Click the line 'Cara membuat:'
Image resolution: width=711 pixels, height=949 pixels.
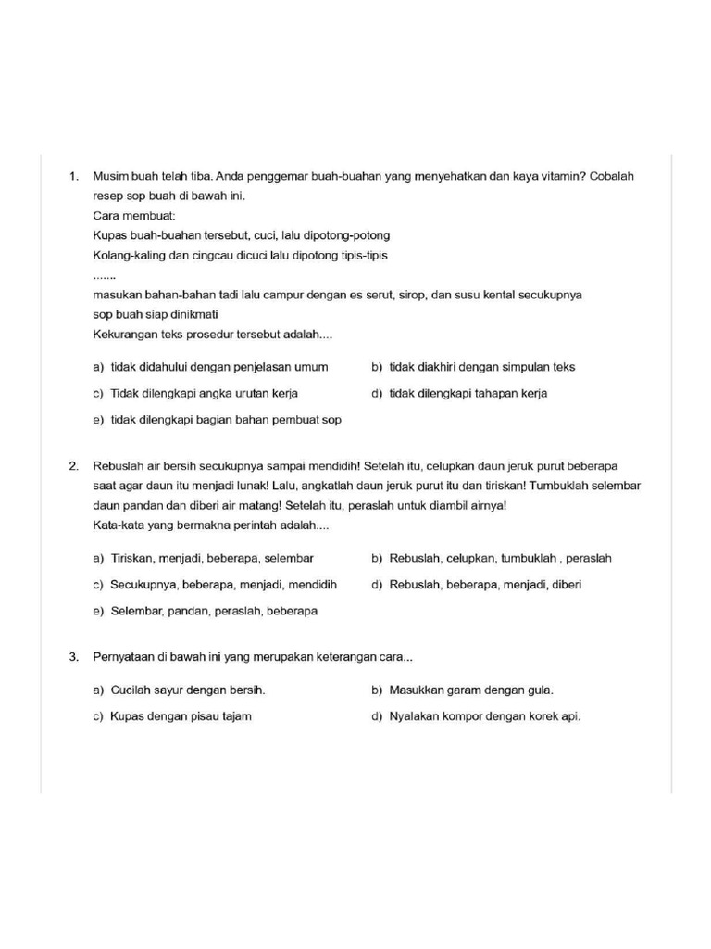tap(128, 215)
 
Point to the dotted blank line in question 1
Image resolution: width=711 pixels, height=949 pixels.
tap(105, 275)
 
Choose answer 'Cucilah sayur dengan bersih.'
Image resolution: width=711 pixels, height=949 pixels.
tap(188, 690)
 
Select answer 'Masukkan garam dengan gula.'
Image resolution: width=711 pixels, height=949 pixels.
tap(471, 690)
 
